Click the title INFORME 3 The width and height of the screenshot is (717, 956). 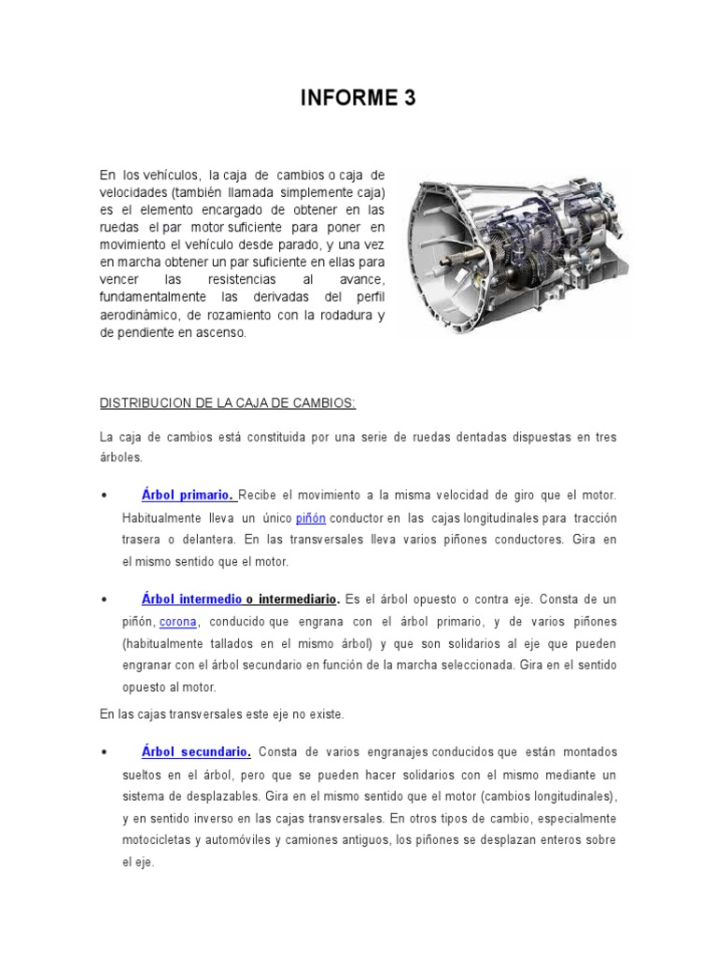[358, 99]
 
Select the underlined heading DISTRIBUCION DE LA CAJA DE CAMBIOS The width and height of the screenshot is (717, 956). [227, 402]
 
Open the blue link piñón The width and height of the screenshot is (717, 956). [312, 517]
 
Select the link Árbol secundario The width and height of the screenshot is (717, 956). [196, 752]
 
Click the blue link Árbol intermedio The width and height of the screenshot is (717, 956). [191, 598]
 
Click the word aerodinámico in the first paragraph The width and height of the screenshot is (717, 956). [141, 316]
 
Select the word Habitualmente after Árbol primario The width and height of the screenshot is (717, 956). [164, 517]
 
